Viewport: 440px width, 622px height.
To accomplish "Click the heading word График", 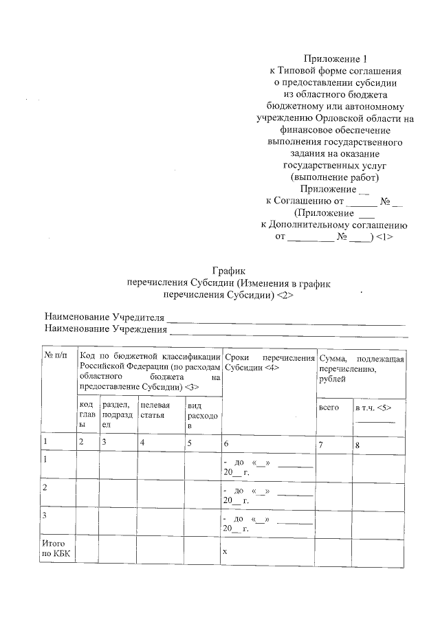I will (x=228, y=270).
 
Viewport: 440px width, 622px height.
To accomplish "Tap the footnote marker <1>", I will (x=384, y=237).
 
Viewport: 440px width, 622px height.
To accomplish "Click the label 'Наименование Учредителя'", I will (x=105, y=317).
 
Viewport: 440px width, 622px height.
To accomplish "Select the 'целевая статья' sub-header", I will (x=156, y=411).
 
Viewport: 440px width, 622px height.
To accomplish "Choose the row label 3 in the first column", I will (x=45, y=515).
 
